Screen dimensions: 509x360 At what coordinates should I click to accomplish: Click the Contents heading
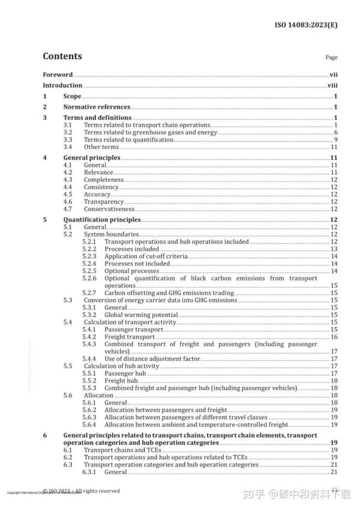(62, 56)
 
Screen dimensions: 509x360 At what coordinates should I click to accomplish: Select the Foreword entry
(58, 75)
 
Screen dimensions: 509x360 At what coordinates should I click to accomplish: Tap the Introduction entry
(62, 86)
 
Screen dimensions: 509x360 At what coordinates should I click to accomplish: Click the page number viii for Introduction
(332, 86)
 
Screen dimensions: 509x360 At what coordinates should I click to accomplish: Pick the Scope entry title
(73, 96)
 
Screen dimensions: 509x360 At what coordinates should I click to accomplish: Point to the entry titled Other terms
(101, 147)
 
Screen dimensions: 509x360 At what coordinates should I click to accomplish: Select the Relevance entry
(98, 172)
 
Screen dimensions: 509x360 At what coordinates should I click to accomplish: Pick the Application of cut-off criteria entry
(146, 256)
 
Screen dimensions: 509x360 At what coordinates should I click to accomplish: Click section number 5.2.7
(89, 292)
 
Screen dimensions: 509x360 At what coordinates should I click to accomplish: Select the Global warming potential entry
(140, 315)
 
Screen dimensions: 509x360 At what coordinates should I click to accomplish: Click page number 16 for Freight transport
(334, 337)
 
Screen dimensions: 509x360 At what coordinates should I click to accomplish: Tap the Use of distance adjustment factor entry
(151, 359)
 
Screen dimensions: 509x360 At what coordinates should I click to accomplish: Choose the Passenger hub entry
(125, 373)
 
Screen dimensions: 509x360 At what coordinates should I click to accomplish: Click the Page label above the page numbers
(331, 58)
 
